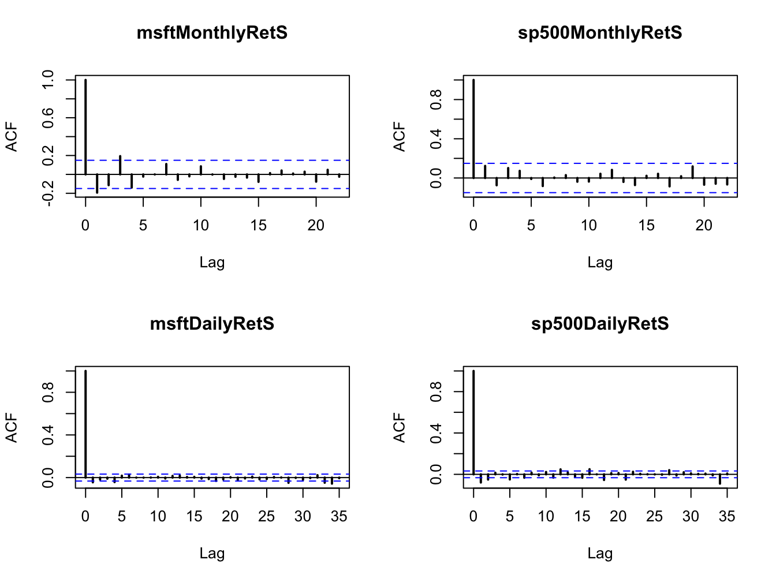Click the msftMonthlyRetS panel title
[212, 33]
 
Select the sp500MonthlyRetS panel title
[600, 33]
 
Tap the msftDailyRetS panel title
[212, 324]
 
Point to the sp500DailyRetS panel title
[600, 324]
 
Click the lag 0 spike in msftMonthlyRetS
[85, 127]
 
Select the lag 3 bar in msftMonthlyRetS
[120, 165]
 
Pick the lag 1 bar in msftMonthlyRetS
[97, 183]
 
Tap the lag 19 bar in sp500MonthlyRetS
[692, 172]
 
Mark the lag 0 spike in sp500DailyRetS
[473, 422]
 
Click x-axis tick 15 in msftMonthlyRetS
[258, 226]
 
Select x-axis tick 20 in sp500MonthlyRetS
[704, 226]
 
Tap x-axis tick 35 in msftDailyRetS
[339, 517]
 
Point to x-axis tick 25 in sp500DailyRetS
[654, 517]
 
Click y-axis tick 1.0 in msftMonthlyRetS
[48, 80]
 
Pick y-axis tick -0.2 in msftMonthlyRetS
[48, 193]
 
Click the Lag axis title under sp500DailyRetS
[600, 554]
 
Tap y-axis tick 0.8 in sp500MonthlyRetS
[436, 100]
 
